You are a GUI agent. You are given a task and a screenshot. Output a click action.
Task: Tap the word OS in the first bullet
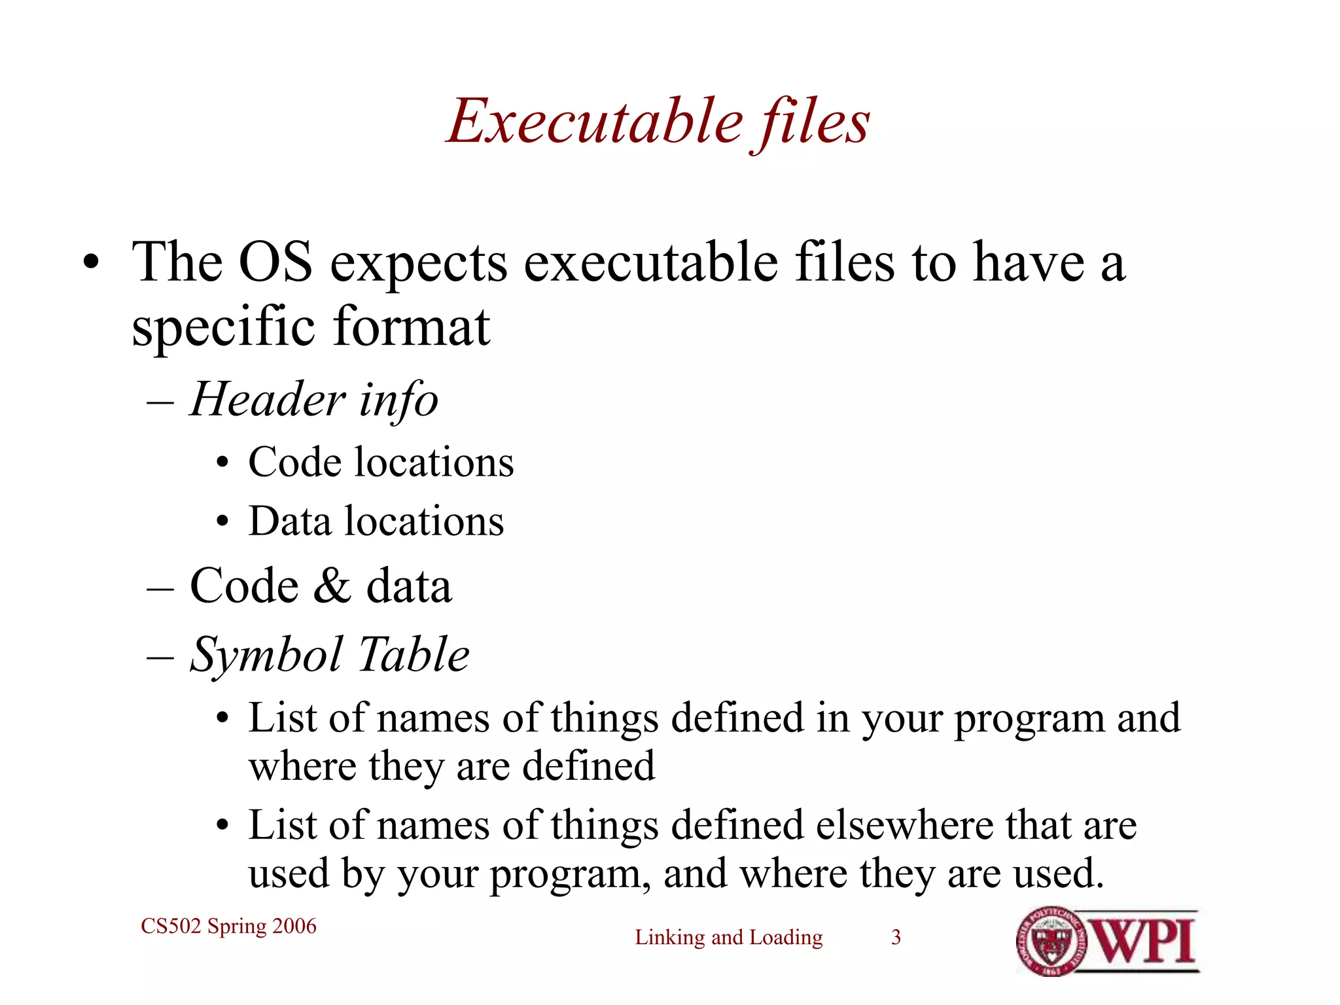point(275,262)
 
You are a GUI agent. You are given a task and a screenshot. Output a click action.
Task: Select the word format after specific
point(411,326)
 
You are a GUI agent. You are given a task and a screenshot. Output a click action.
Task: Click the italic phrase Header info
point(314,399)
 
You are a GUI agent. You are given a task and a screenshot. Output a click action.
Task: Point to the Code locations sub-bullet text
point(381,463)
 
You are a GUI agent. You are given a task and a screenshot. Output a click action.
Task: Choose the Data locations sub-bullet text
point(376,521)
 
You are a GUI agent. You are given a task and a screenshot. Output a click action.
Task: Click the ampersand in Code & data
point(331,586)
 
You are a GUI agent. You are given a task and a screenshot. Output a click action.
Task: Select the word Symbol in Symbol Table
point(266,655)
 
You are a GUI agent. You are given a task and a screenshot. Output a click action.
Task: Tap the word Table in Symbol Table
point(414,654)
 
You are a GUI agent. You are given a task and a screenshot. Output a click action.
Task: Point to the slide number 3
point(896,937)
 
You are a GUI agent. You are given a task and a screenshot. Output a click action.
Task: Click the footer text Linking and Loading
point(728,937)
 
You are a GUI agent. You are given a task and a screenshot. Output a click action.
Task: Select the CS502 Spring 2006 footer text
point(228,926)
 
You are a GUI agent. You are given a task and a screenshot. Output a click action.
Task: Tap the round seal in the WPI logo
point(1051,942)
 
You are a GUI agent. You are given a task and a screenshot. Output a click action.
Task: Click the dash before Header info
point(160,401)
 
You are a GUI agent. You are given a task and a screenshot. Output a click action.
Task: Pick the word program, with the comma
point(570,874)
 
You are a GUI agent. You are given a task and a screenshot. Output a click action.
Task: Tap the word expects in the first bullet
point(418,262)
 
